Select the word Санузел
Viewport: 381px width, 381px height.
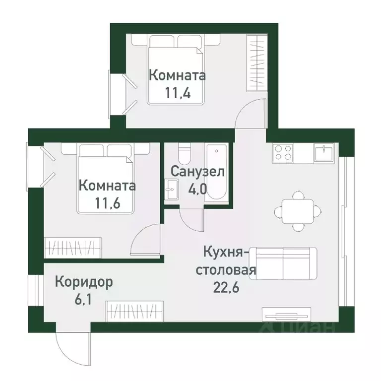197,172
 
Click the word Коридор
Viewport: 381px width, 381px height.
84,282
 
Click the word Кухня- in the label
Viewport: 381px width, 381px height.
224,253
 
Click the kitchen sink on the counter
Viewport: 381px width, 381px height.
325,152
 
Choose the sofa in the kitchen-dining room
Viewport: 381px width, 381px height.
283,263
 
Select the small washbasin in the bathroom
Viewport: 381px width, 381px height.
172,189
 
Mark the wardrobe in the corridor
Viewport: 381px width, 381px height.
135,311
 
